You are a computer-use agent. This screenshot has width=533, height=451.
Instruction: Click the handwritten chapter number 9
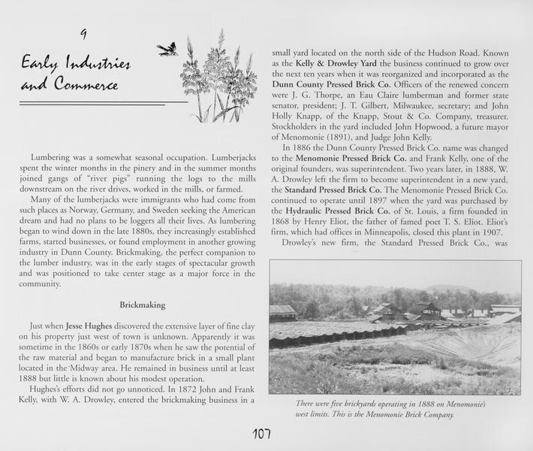(x=83, y=34)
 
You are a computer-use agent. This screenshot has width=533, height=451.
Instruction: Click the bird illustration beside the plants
(x=167, y=50)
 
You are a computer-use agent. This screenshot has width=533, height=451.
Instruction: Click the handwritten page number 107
(x=261, y=434)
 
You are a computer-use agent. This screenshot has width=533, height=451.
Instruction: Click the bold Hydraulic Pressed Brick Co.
(x=337, y=212)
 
